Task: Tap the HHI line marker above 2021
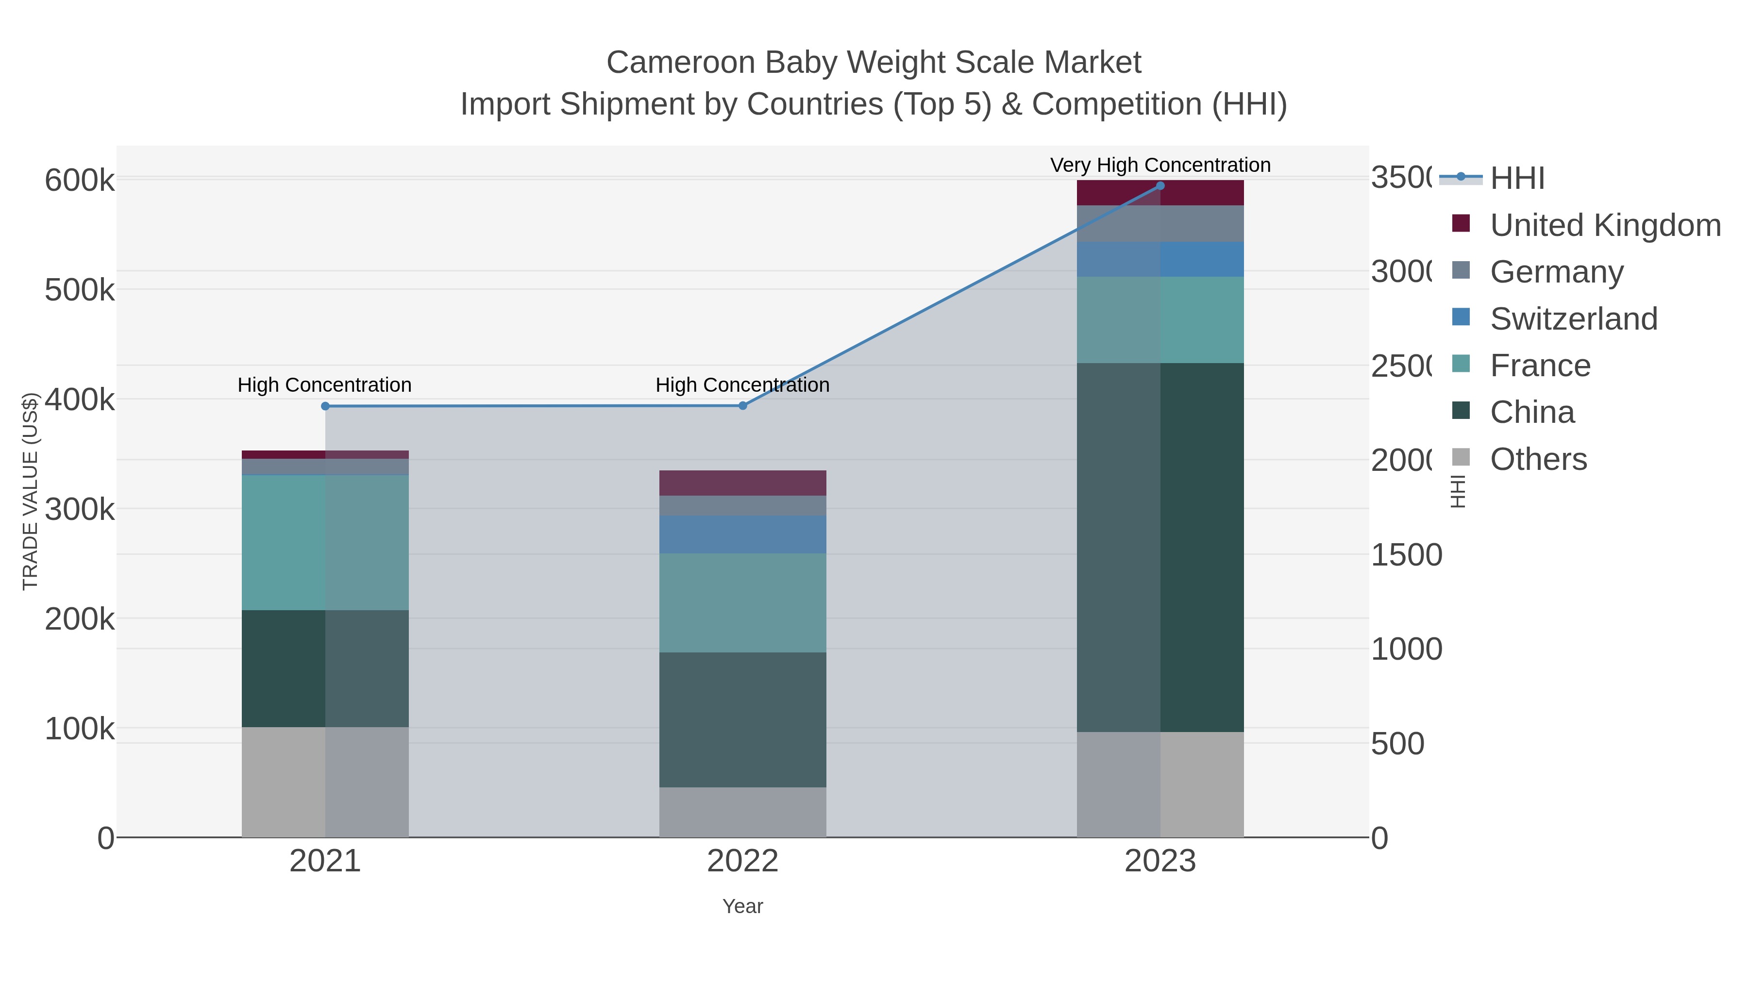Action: (325, 406)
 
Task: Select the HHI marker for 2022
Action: (742, 406)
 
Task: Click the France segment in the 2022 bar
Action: (742, 602)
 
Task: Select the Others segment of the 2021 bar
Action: (325, 782)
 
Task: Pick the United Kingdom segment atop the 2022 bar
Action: (742, 483)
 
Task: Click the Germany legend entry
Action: (1557, 272)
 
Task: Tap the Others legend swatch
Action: (1461, 458)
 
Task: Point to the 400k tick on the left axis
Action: (80, 400)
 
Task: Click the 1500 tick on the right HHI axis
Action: (1406, 555)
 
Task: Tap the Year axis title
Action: (742, 906)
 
